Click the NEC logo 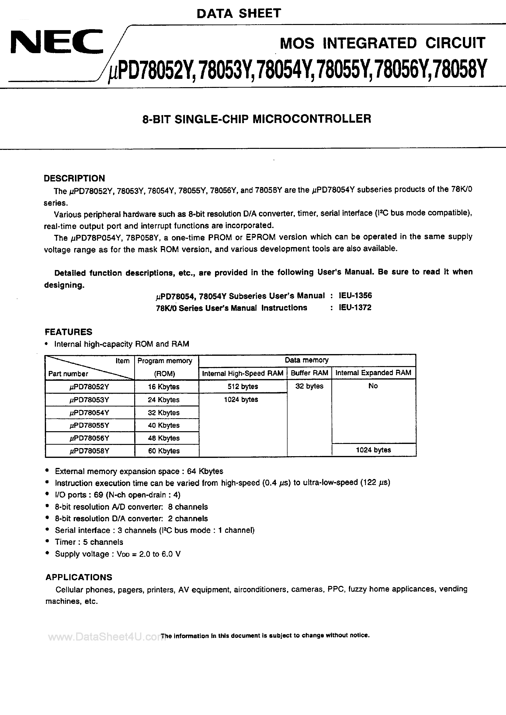click(x=57, y=41)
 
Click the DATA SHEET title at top click(x=239, y=13)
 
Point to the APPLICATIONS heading click(x=79, y=577)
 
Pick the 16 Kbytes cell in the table click(x=164, y=387)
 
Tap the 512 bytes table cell click(x=243, y=386)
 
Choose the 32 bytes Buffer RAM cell click(x=309, y=386)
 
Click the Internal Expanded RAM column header click(x=373, y=373)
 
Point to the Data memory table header click(x=307, y=360)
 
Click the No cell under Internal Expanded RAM click(x=373, y=386)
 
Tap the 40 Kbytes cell click(x=164, y=425)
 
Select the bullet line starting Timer click(x=89, y=542)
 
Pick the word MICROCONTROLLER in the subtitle click(x=312, y=119)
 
